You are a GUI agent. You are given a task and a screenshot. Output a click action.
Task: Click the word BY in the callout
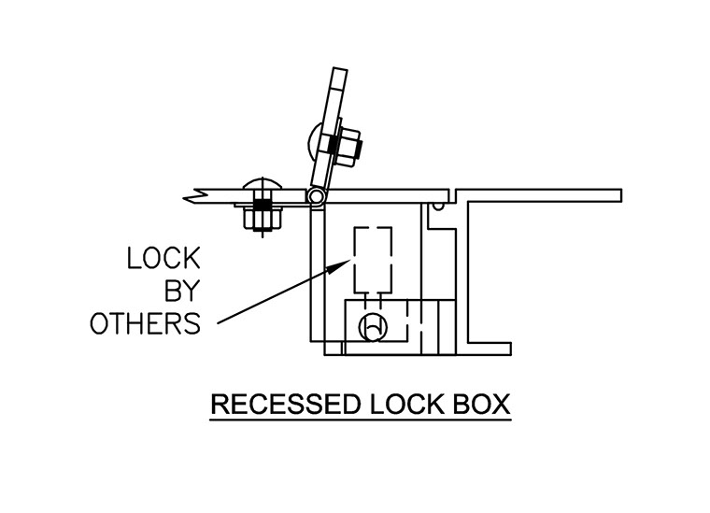tap(177, 292)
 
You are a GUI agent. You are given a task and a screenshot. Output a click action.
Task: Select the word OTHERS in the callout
tap(145, 323)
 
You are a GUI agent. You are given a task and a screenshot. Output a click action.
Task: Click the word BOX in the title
tap(480, 406)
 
